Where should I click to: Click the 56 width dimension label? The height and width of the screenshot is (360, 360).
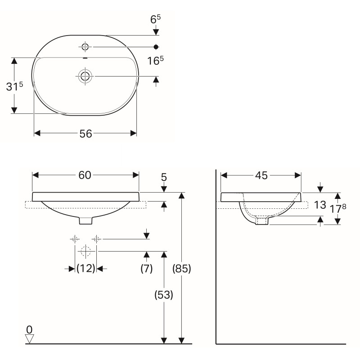[85, 134]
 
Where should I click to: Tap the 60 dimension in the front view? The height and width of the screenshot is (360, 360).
[85, 175]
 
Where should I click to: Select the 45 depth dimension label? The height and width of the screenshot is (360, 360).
[261, 175]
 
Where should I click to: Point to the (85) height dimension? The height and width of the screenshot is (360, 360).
[182, 269]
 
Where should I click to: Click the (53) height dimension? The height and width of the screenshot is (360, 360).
[164, 295]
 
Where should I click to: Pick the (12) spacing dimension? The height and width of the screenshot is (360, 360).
[85, 268]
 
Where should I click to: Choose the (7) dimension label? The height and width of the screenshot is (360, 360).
[147, 268]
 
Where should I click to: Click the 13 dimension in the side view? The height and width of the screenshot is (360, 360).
[320, 205]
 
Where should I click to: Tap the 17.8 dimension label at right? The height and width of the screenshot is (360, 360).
[338, 208]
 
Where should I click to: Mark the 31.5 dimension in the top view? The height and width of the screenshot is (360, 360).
[14, 86]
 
